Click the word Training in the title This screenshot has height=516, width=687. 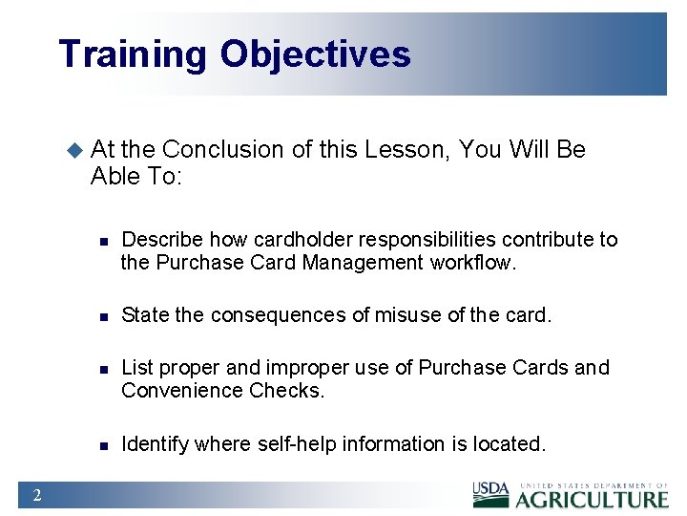tap(132, 54)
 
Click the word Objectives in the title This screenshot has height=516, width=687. tap(316, 54)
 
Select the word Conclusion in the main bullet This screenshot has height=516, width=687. tap(223, 150)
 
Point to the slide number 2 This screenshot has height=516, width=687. tap(35, 494)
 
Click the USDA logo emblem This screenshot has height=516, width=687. tap(491, 494)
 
